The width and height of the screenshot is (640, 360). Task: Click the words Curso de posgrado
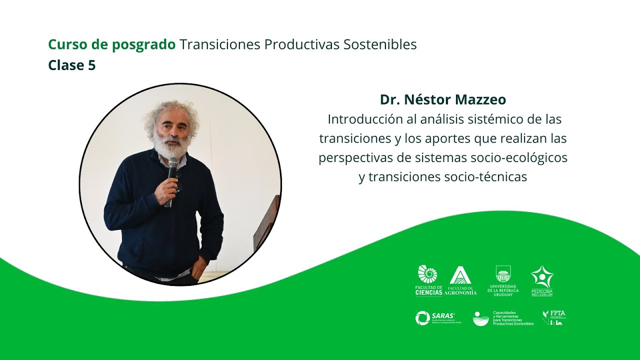pos(111,45)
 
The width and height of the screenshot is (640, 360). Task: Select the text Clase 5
pos(71,65)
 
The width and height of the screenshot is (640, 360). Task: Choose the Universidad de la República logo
pos(503,280)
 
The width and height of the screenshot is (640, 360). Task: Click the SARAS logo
pos(435,318)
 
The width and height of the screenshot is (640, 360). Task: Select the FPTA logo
pos(554,317)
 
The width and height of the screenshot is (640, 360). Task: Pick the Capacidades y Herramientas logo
pos(503,318)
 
